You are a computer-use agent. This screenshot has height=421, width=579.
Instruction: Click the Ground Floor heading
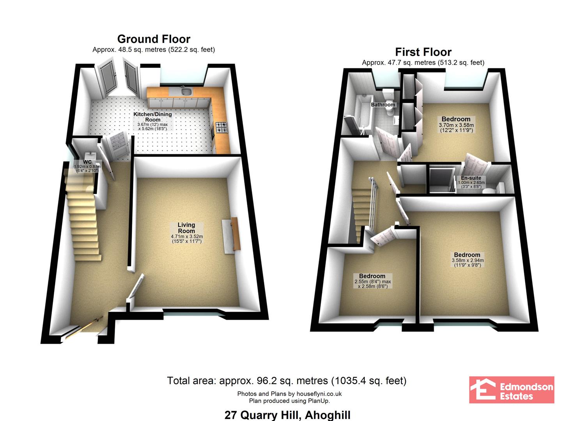(x=154, y=39)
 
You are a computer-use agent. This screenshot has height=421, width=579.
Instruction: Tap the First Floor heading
(x=423, y=52)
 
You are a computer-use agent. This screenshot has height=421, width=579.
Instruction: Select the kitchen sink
(x=186, y=91)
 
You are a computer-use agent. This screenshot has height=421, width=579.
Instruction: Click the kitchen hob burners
(x=221, y=127)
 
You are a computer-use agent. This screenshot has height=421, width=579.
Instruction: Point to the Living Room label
(x=186, y=228)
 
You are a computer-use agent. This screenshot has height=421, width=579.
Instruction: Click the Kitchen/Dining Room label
(x=152, y=117)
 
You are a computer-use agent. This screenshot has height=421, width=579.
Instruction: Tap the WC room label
(x=87, y=162)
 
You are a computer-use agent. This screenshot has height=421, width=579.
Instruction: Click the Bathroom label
(x=383, y=105)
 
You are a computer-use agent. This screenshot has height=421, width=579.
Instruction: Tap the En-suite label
(x=471, y=178)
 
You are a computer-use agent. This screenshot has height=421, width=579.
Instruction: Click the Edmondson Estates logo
(x=512, y=390)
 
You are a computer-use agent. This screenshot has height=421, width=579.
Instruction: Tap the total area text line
(x=287, y=381)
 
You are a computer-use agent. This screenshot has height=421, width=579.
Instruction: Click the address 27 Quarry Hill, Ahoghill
(x=287, y=415)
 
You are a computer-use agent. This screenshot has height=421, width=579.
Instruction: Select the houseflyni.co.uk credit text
(x=289, y=394)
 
